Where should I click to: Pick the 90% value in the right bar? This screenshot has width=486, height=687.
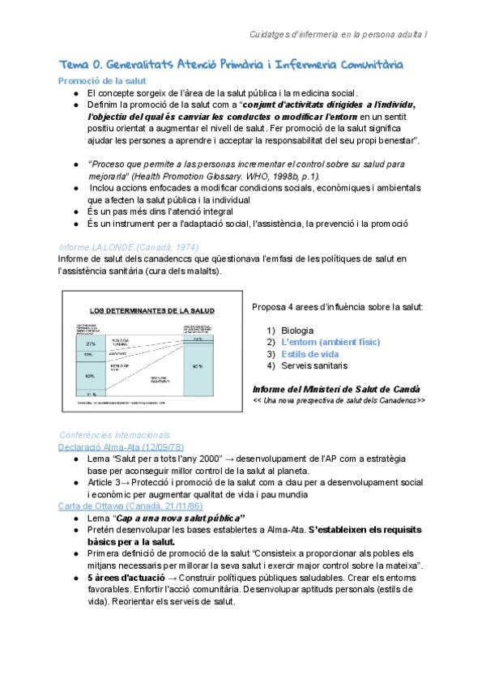click(x=197, y=365)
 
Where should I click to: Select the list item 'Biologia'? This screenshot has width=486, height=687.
click(x=298, y=330)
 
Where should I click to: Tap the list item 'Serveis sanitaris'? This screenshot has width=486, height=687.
click(x=318, y=366)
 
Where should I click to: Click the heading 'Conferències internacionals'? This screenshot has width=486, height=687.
click(x=116, y=434)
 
